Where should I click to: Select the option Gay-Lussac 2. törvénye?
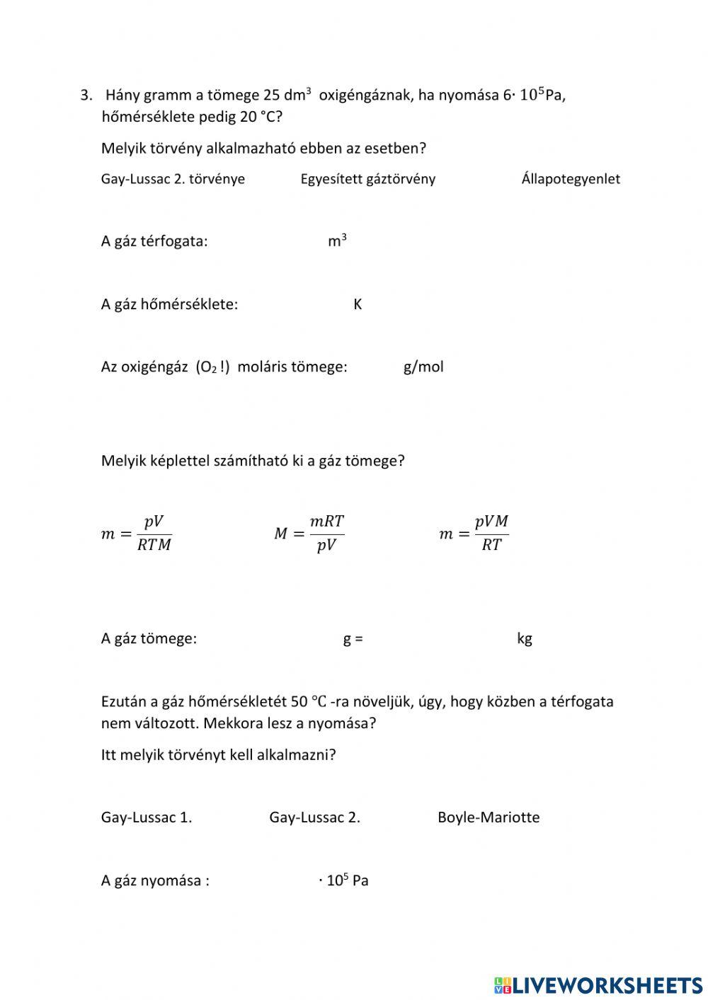[173, 179]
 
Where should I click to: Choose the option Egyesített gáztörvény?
[367, 179]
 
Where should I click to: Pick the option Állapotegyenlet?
[570, 179]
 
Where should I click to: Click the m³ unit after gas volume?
[337, 241]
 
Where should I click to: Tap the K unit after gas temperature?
[358, 304]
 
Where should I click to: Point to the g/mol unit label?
[423, 367]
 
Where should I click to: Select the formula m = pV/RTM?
[136, 534]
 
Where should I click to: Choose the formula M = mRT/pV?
[309, 534]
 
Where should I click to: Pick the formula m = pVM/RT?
[474, 534]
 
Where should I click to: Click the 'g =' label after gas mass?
[353, 638]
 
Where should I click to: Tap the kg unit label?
[525, 638]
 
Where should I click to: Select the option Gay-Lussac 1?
[147, 817]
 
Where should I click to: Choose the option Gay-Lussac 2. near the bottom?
[314, 817]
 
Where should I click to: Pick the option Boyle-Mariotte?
[489, 817]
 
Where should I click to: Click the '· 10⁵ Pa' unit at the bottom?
[343, 881]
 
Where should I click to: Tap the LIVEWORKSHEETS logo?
[598, 984]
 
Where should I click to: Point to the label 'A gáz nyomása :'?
[155, 881]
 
